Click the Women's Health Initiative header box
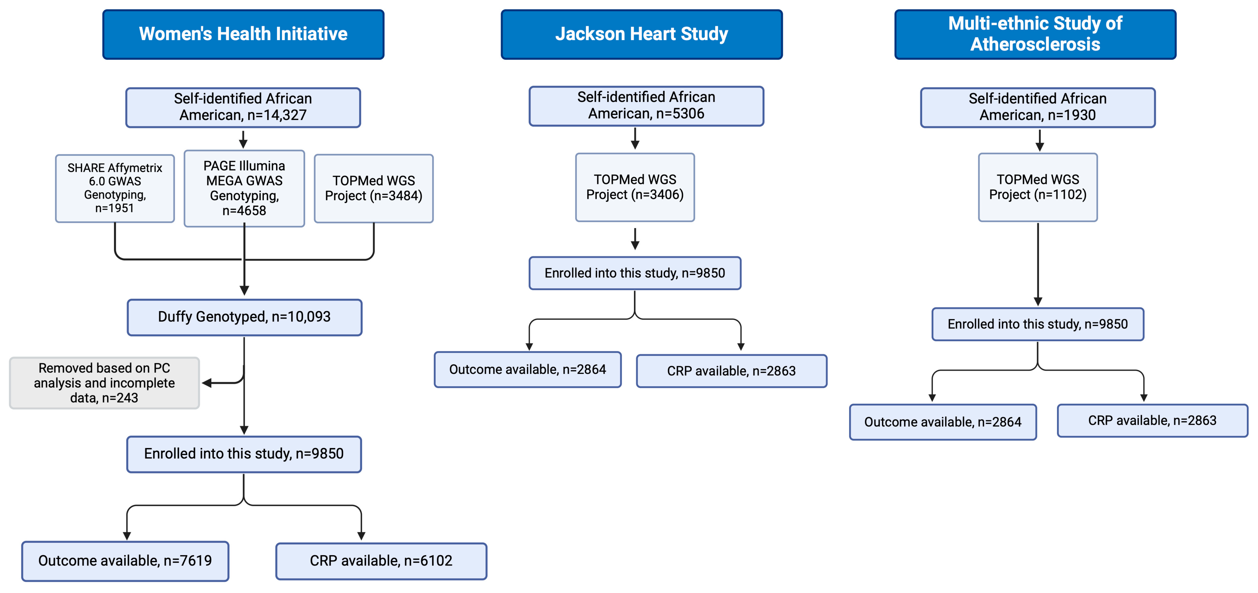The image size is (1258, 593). pos(243,34)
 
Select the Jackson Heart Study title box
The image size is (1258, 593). pos(641,34)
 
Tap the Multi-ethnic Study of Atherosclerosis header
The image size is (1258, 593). pos(1035,34)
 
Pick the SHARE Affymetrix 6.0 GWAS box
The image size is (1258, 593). pos(115,188)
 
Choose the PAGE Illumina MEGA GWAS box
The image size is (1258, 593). pos(244,188)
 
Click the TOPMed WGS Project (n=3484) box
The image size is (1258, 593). pos(374,188)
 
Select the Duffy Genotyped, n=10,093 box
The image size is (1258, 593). pos(244,317)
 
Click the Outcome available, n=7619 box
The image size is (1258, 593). pos(125,561)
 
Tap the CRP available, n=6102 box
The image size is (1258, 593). pos(381,561)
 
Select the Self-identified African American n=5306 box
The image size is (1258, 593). pos(646,105)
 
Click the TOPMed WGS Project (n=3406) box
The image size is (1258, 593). pos(635,187)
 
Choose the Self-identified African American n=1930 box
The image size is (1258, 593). pos(1038,107)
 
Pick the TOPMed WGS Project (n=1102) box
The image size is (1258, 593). pos(1038,187)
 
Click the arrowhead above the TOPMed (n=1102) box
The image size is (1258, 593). pos(1040,147)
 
